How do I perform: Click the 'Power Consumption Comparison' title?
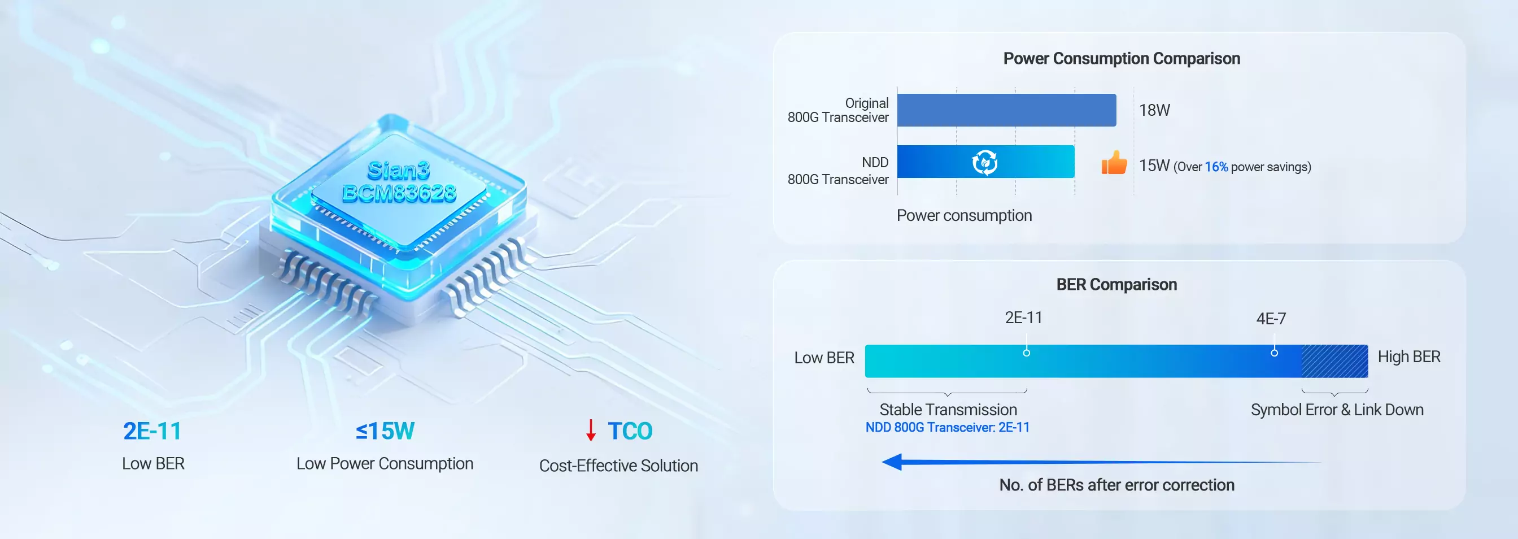[x=1122, y=58]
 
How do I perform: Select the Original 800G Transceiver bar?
[x=1006, y=110]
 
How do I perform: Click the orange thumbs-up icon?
[x=1114, y=163]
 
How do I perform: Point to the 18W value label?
[x=1154, y=110]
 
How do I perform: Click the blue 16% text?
[x=1216, y=167]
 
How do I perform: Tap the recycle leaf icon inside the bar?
[x=984, y=162]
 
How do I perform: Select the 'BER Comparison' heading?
[x=1116, y=284]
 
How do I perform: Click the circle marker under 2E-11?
[x=1027, y=353]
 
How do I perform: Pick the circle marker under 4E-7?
[x=1274, y=353]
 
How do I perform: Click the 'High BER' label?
[x=1408, y=357]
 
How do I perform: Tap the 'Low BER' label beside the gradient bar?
[x=824, y=358]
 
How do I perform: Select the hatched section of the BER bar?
[x=1334, y=361]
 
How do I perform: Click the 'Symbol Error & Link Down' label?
[x=1337, y=410]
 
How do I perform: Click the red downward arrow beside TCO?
[x=591, y=431]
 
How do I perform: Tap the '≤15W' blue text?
[x=385, y=431]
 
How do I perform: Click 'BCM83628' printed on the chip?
[x=399, y=193]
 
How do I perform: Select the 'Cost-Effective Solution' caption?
[x=618, y=466]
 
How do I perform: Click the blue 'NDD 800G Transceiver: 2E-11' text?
[x=947, y=428]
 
